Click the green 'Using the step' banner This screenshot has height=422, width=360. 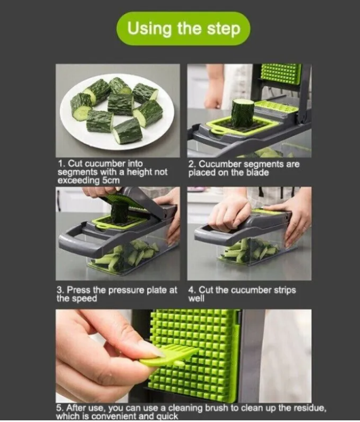(x=183, y=28)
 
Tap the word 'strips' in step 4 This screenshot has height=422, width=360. (x=282, y=290)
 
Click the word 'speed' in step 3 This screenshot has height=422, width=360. (x=85, y=298)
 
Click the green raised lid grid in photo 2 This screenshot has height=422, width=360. (x=281, y=74)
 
